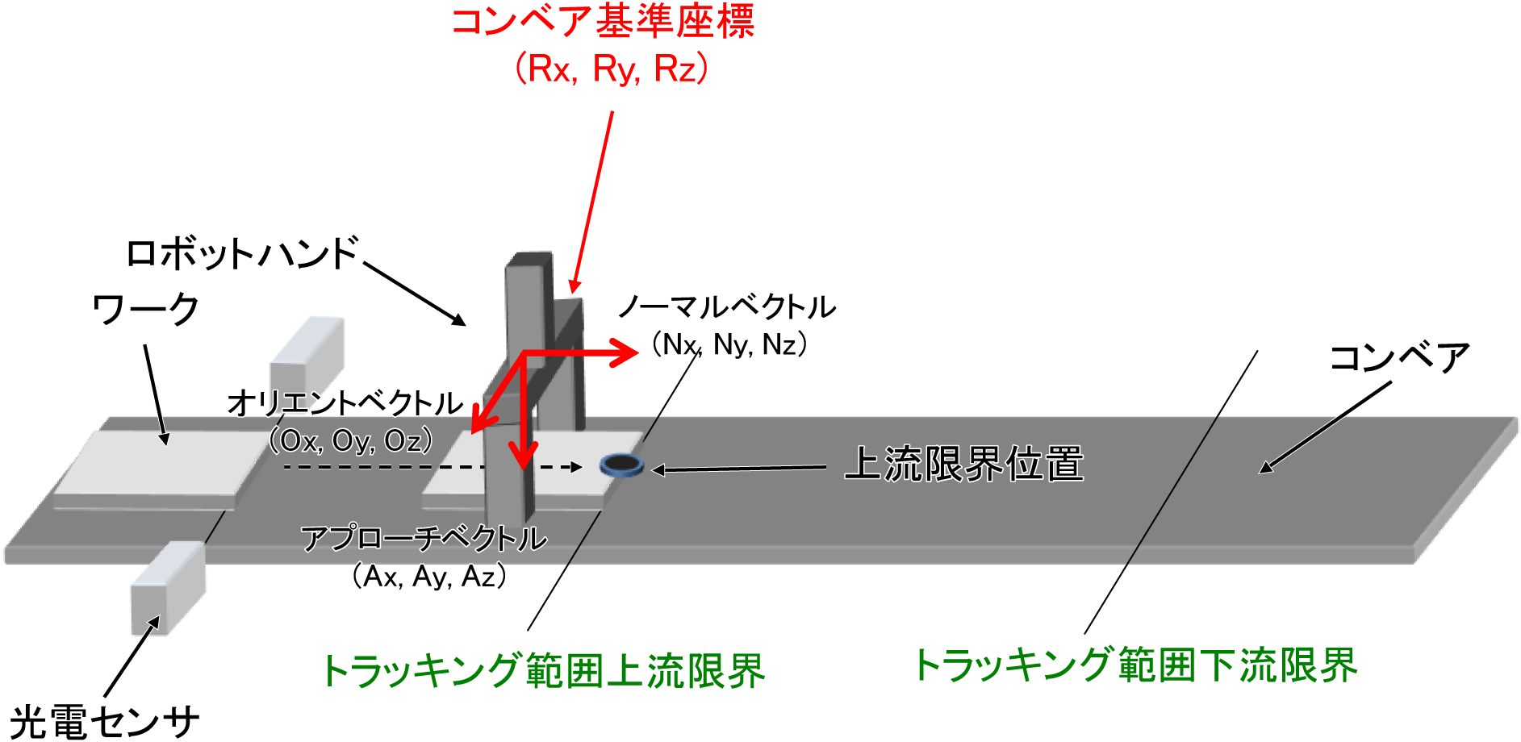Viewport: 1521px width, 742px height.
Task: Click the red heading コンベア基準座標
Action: tap(602, 22)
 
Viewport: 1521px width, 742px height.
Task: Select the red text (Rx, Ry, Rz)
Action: tap(612, 69)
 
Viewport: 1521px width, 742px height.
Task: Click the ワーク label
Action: tap(145, 310)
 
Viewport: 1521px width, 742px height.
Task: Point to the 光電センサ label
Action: tap(104, 721)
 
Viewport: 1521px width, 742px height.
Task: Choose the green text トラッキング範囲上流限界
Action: tap(543, 671)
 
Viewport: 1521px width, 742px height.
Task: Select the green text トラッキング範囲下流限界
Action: tap(1135, 666)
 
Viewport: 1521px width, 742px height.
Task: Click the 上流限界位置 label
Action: tap(963, 465)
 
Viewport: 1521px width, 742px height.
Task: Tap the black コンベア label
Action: tap(1399, 358)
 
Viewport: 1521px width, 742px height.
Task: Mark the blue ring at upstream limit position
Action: tap(621, 465)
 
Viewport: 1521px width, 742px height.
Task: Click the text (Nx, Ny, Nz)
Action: tap(729, 345)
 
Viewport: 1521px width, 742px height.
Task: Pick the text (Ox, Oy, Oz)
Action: tap(351, 440)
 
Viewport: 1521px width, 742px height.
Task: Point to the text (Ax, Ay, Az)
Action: tap(429, 576)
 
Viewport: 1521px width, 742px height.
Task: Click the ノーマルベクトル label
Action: tap(726, 307)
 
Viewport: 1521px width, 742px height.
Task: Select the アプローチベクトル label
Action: tap(424, 538)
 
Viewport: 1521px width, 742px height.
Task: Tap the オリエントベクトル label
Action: tap(345, 403)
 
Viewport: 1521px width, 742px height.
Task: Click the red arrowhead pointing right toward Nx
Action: tap(625, 352)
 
